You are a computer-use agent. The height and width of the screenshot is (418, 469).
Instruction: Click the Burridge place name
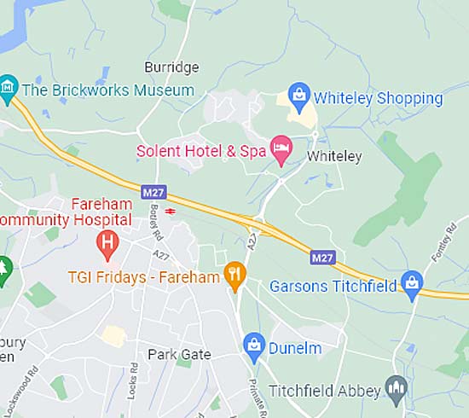click(x=171, y=67)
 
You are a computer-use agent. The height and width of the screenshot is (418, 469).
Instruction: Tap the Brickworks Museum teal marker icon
click(x=8, y=87)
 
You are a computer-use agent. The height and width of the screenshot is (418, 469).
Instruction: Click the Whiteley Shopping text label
click(x=379, y=98)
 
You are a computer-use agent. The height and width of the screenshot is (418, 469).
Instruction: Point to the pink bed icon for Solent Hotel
click(x=281, y=149)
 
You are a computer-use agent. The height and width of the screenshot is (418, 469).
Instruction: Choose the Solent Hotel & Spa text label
click(x=201, y=151)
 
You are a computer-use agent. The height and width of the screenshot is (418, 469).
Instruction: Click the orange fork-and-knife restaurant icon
click(x=234, y=275)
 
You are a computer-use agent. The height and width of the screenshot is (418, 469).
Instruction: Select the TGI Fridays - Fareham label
click(x=145, y=277)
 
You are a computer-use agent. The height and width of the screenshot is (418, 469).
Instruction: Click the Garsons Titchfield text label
click(x=333, y=286)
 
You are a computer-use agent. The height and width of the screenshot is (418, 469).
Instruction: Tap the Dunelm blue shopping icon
click(x=253, y=345)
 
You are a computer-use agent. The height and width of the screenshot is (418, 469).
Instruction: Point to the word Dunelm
click(x=295, y=348)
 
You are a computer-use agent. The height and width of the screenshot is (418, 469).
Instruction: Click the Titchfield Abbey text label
click(x=325, y=391)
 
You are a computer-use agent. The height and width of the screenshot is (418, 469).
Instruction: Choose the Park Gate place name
click(x=179, y=354)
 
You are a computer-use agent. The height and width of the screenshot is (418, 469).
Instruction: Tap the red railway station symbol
click(x=171, y=210)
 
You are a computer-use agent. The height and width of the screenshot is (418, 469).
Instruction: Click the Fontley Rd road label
click(x=448, y=242)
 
